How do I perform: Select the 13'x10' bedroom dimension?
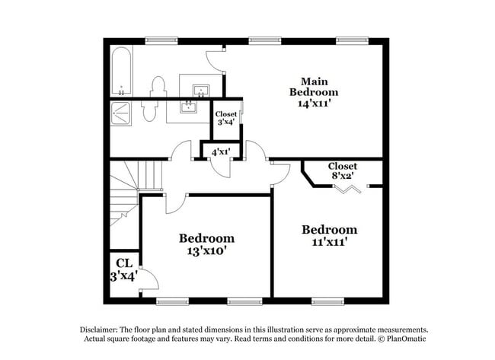(206, 250)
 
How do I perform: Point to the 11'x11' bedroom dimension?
(329, 242)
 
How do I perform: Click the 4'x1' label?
(221, 151)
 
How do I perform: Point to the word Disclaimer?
(103, 330)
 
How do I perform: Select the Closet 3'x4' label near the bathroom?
(226, 119)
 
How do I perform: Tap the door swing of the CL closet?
(149, 281)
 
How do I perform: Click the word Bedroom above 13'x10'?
(206, 237)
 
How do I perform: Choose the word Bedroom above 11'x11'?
(329, 230)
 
